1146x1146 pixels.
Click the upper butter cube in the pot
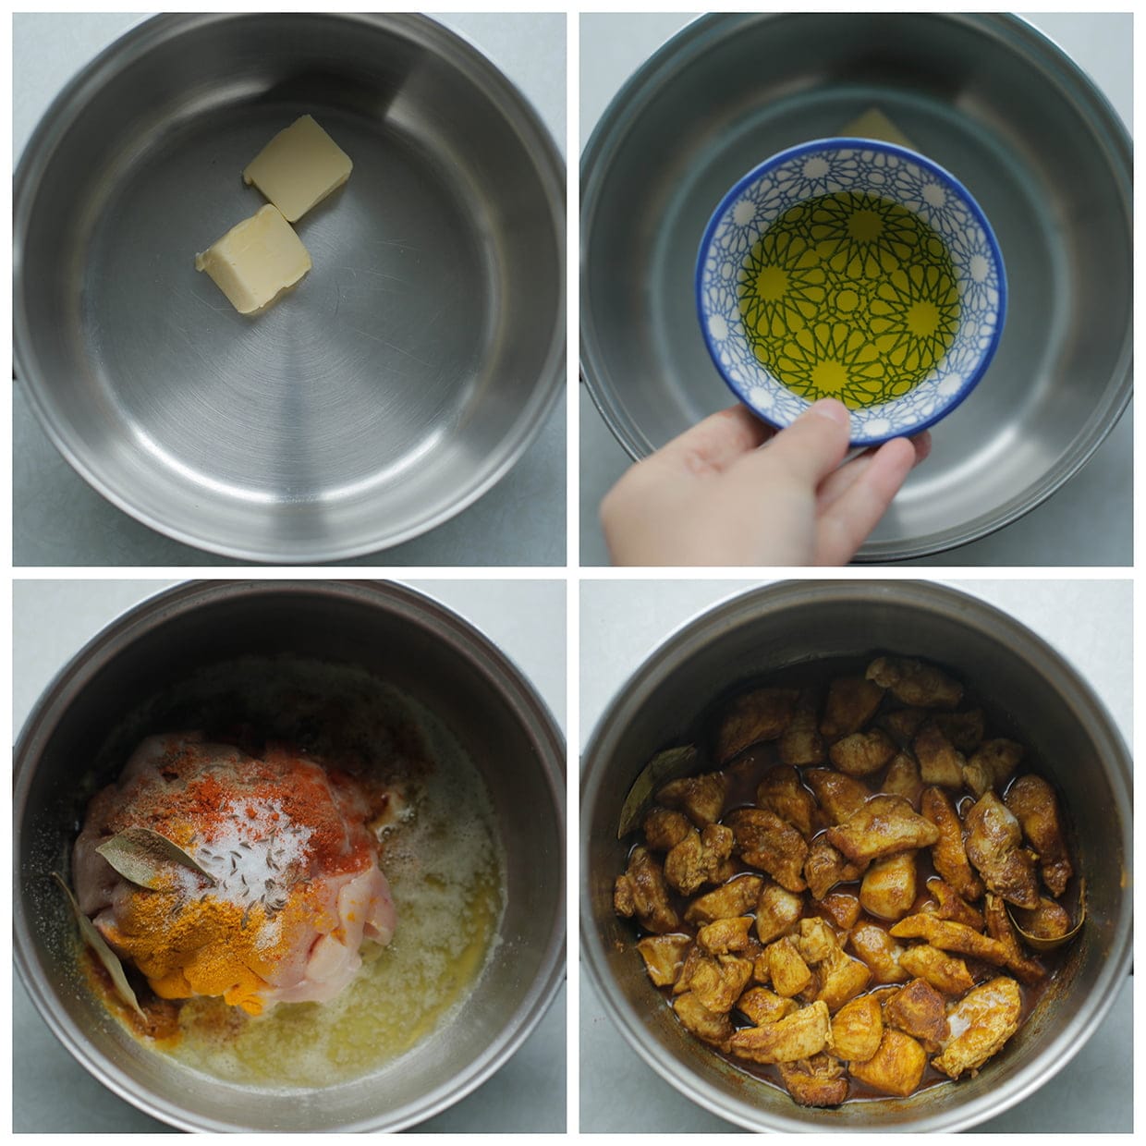point(298,167)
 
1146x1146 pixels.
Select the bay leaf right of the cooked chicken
point(1054,929)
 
